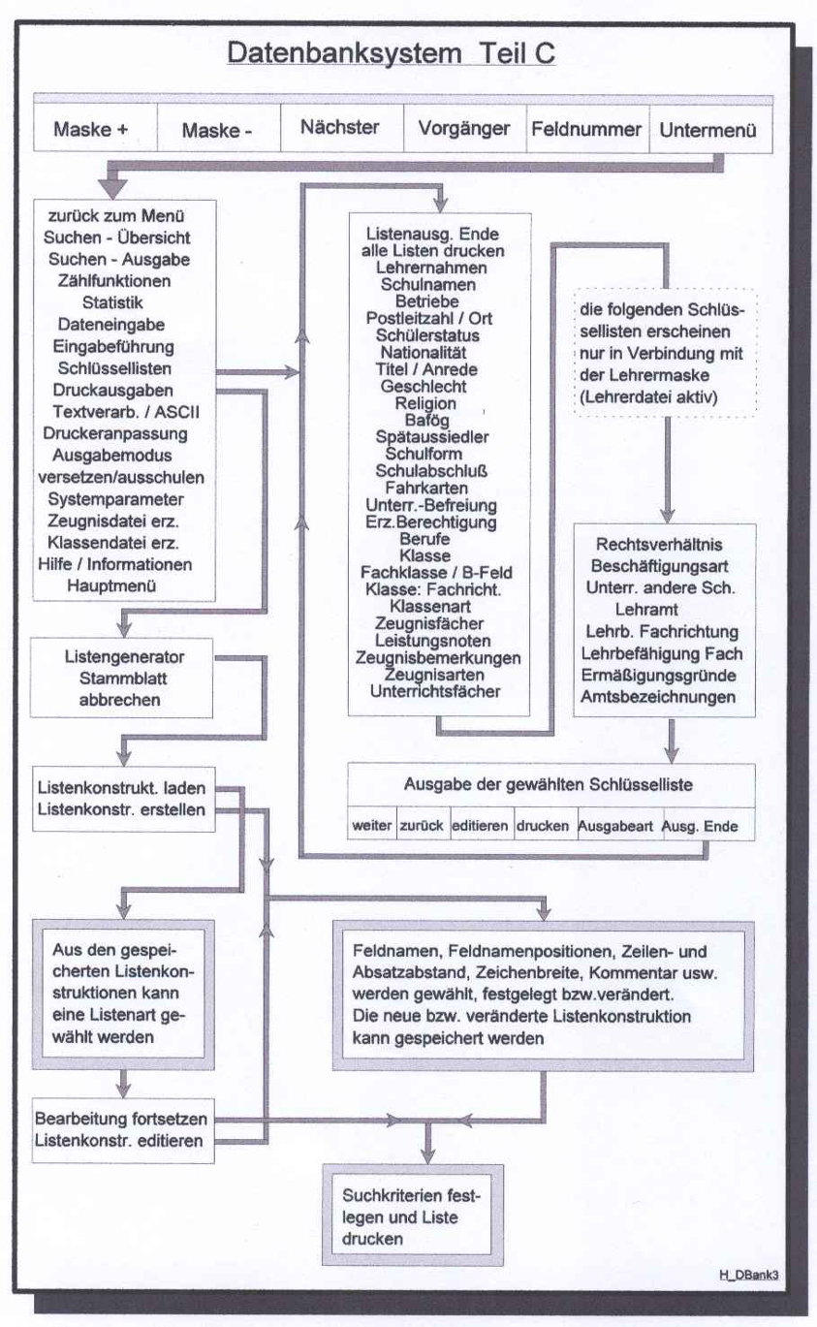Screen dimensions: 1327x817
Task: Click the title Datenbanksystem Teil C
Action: coord(391,52)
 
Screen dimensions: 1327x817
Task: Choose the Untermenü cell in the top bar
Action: coord(708,130)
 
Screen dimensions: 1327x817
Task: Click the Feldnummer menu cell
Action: coord(585,129)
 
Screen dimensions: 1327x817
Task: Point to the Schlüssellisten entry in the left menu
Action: coord(115,370)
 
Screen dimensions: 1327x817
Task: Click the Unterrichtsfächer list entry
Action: coord(435,692)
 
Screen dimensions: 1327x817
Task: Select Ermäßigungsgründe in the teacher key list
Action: coord(664,675)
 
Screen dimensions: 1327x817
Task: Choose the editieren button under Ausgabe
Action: coord(482,826)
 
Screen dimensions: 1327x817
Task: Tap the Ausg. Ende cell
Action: coord(699,826)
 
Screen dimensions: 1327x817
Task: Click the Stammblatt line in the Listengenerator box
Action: coord(115,678)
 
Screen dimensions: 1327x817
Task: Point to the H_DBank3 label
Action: coord(748,1276)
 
